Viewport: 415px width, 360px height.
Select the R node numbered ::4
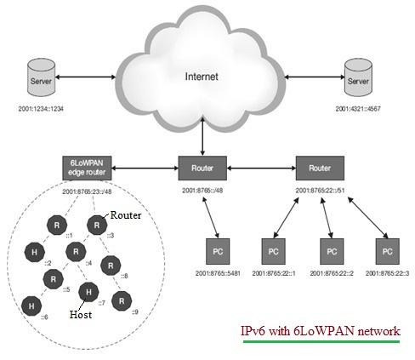pyautogui.click(x=75, y=251)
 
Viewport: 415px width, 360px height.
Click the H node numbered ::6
pyautogui.click(x=31, y=304)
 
